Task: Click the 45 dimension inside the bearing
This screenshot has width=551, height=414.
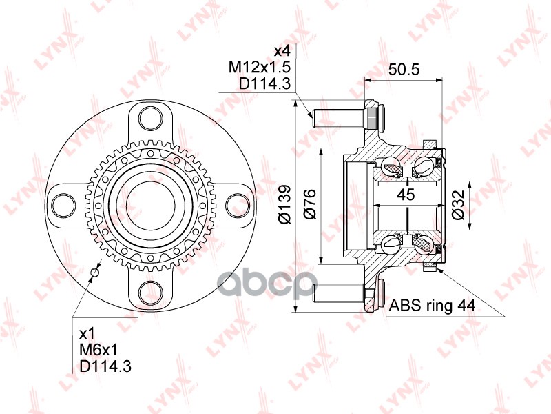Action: click(x=406, y=195)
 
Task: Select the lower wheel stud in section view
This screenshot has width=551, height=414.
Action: click(x=337, y=293)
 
